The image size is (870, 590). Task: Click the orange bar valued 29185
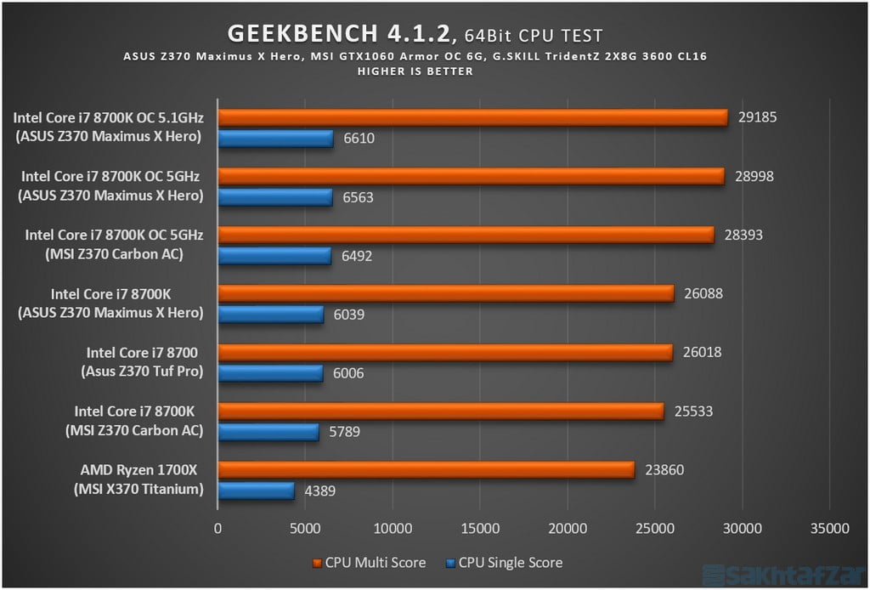point(472,117)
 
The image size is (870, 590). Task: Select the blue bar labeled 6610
point(275,139)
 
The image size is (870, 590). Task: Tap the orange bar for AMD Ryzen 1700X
point(426,469)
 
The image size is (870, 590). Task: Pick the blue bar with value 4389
point(256,491)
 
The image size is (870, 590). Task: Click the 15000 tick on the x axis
point(480,528)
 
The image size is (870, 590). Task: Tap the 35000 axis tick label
point(829,528)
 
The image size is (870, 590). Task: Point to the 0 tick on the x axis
point(218,528)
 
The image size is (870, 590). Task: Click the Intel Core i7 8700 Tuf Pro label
point(140,361)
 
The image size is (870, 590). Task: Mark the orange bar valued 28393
point(466,235)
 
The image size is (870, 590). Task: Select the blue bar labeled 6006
point(270,373)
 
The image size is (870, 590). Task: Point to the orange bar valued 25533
point(440,411)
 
